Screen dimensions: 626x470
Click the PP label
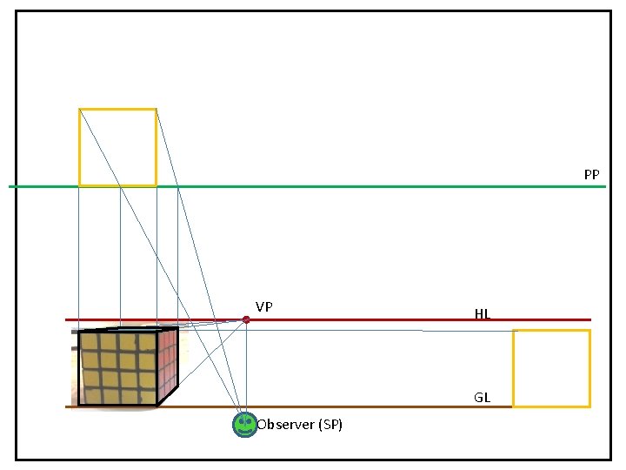(591, 175)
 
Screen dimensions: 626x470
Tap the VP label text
(264, 306)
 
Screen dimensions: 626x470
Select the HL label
(483, 313)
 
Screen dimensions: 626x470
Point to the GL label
(483, 398)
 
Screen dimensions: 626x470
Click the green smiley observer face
(244, 425)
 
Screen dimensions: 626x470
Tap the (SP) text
(330, 425)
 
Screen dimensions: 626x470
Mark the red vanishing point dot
(246, 320)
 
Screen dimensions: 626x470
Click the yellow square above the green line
(117, 146)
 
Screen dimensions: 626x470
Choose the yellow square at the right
(551, 368)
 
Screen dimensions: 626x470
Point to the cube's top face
(130, 329)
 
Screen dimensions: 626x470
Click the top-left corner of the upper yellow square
(79, 109)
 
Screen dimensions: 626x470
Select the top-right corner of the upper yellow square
(156, 109)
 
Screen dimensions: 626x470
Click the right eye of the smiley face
(249, 421)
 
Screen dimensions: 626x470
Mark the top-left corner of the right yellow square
(513, 331)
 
